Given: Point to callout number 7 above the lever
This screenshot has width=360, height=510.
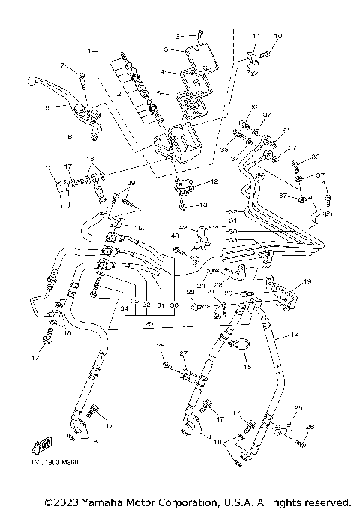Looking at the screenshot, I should point(63,66).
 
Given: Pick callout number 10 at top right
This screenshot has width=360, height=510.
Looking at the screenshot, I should point(277,36).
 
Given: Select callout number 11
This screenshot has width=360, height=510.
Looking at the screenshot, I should point(256,36).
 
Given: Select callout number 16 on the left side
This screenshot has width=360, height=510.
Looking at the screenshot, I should point(47,168).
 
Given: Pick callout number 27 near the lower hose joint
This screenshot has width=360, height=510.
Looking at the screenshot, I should point(181,352).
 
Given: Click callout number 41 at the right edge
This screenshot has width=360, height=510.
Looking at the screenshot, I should point(325,181).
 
